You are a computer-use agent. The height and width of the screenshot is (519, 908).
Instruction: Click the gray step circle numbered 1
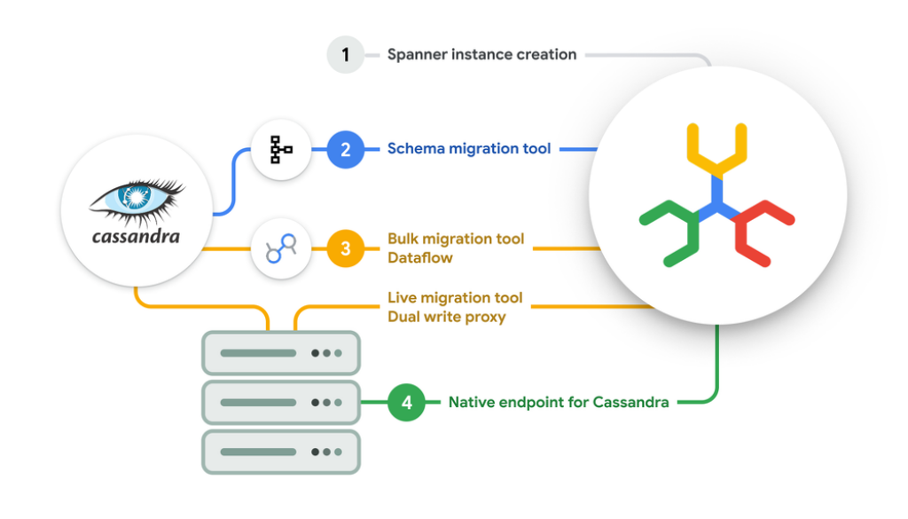(x=346, y=55)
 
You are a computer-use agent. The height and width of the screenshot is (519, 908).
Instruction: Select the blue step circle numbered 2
(x=346, y=149)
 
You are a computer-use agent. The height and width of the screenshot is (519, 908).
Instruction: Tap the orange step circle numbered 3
(x=346, y=249)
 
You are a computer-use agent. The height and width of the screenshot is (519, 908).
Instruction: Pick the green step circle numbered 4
(x=406, y=403)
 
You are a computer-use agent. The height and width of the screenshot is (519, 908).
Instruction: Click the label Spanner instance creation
(x=481, y=55)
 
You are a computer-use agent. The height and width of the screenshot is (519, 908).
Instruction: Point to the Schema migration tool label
(x=469, y=149)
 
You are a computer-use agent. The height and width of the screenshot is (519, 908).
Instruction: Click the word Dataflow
(x=419, y=258)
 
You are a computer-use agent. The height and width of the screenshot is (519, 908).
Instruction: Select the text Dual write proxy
(x=446, y=317)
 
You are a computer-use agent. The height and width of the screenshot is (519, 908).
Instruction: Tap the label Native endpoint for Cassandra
(x=559, y=403)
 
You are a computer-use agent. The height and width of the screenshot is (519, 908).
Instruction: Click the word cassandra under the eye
(x=136, y=237)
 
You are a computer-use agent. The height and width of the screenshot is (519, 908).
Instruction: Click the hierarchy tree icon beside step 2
(x=281, y=150)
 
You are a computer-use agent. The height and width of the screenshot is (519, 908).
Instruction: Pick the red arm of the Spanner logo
(x=762, y=231)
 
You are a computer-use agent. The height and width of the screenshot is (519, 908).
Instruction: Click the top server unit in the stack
(x=281, y=353)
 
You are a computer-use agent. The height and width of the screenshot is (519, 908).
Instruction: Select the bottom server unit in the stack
(x=281, y=452)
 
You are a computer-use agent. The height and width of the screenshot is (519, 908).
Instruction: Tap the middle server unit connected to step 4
(x=281, y=403)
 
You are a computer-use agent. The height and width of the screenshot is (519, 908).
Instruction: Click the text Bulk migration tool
(x=455, y=240)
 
